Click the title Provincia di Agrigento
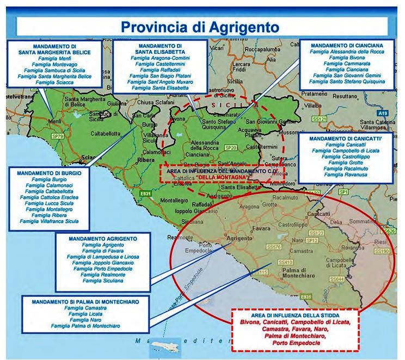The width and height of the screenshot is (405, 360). pyautogui.click(x=202, y=26)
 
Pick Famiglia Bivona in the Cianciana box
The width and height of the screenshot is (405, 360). pyautogui.click(x=347, y=57)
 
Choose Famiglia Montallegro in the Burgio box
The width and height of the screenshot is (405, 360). pyautogui.click(x=47, y=209)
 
